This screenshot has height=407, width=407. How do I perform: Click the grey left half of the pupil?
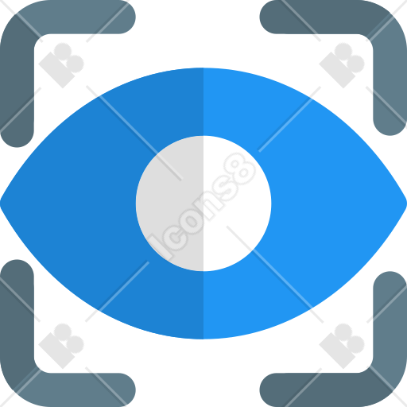pyautogui.click(x=169, y=203)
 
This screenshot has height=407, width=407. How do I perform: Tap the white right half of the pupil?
pyautogui.click(x=238, y=203)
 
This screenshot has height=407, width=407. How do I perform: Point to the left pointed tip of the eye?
pyautogui.click(x=1, y=203)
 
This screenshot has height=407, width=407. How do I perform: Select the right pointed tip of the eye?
pyautogui.click(x=406, y=203)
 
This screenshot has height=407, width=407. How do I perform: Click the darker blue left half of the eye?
pyautogui.click(x=79, y=203)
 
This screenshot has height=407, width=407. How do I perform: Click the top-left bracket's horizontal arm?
pyautogui.click(x=79, y=17)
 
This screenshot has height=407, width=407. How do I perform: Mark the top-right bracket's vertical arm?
pyautogui.click(x=390, y=79)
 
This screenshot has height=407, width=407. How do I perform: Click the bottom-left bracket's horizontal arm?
pyautogui.click(x=79, y=390)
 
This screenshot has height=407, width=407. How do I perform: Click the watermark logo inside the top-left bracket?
pyautogui.click(x=61, y=65)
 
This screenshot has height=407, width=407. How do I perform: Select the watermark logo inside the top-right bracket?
pyautogui.click(x=342, y=65)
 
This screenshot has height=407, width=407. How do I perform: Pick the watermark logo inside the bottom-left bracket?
pyautogui.click(x=61, y=346)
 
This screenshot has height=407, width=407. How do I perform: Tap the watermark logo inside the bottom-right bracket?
pyautogui.click(x=342, y=346)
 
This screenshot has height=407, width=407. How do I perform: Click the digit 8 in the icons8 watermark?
pyautogui.click(x=241, y=169)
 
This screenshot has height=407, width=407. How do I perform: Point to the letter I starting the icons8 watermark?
pyautogui.click(x=158, y=247)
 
